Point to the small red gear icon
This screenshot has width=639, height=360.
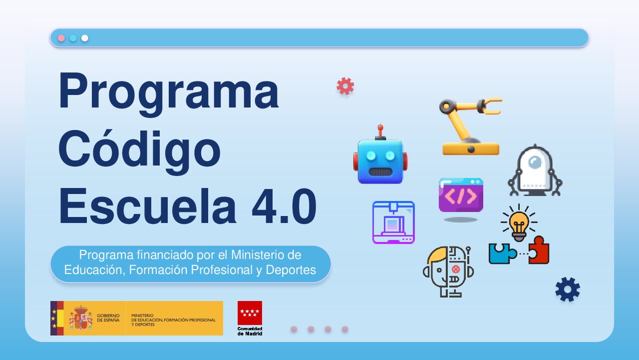click(x=345, y=86)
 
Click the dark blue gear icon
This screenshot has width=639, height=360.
click(x=568, y=289)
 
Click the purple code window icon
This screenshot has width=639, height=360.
click(x=461, y=195)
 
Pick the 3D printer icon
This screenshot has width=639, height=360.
click(x=393, y=222)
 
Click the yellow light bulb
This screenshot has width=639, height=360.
click(x=519, y=222)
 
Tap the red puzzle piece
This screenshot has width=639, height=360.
click(x=539, y=250)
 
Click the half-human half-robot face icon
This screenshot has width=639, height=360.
click(x=448, y=270)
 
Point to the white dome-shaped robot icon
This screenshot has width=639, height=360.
click(x=535, y=170)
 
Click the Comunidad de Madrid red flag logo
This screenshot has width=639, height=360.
click(x=250, y=313)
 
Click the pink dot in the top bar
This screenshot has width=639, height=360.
click(x=61, y=38)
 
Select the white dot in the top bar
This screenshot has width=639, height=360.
click(x=85, y=38)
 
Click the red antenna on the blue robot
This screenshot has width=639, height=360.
click(x=380, y=131)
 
